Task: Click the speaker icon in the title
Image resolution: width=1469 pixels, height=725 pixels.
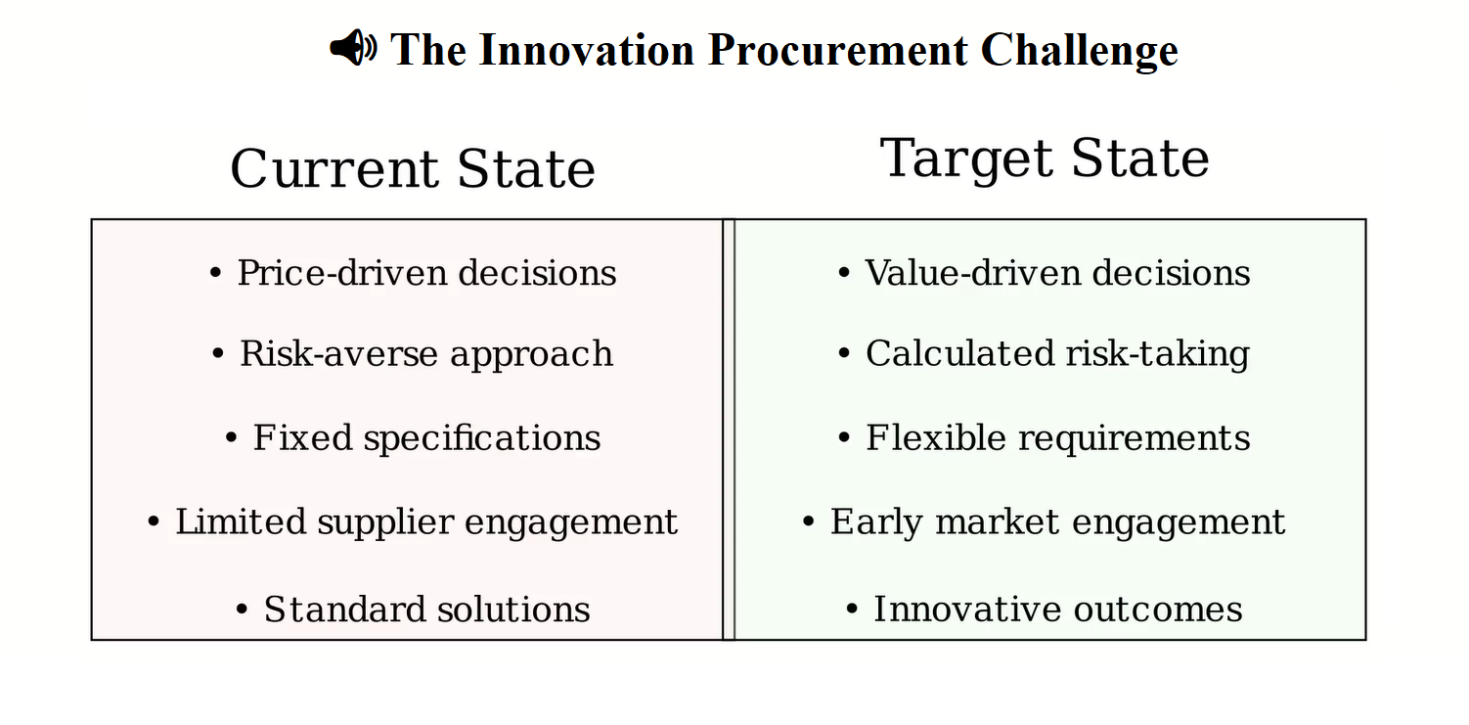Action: point(353,48)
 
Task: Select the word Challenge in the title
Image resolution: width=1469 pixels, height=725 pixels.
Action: point(1080,50)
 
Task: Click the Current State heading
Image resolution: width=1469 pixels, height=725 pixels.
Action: point(413,169)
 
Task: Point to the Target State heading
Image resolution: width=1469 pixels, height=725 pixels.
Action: point(1045,159)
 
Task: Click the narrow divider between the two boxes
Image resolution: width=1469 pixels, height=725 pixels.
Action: point(729,430)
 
